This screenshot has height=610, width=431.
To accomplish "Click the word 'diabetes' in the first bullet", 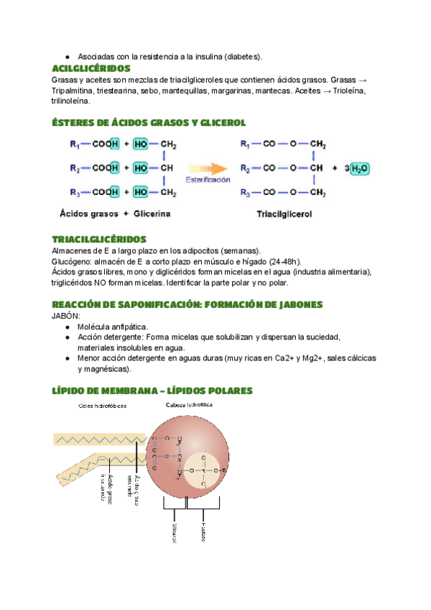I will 243,56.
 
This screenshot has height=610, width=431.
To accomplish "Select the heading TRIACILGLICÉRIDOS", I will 99,239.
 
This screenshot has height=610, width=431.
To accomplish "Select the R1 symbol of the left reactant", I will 75,144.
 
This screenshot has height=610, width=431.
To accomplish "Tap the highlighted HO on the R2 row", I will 141,168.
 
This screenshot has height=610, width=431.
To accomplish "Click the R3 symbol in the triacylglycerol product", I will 244,192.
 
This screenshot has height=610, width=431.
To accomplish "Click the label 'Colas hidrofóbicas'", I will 103,406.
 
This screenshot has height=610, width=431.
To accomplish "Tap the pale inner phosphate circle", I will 204,472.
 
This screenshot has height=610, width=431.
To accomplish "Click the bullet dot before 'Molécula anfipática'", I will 67,327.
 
